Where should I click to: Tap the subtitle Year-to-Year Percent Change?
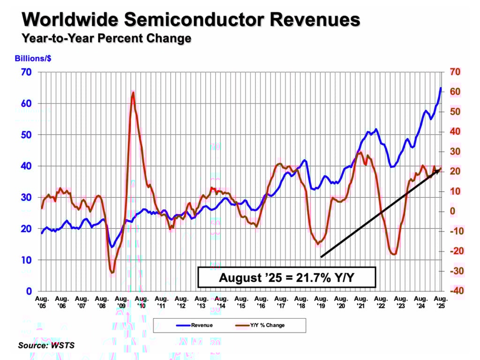106,38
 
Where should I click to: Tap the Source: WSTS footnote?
46,346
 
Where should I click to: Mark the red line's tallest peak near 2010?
133,92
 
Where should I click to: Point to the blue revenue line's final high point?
441,88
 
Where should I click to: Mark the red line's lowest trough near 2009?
112,272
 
